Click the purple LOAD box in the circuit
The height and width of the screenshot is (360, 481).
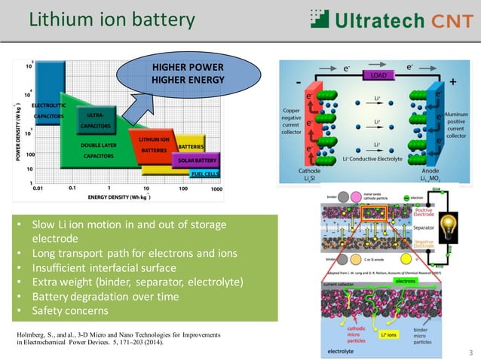(377, 75)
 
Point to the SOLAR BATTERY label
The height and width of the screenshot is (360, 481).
(198, 160)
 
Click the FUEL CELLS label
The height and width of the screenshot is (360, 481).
(204, 174)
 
